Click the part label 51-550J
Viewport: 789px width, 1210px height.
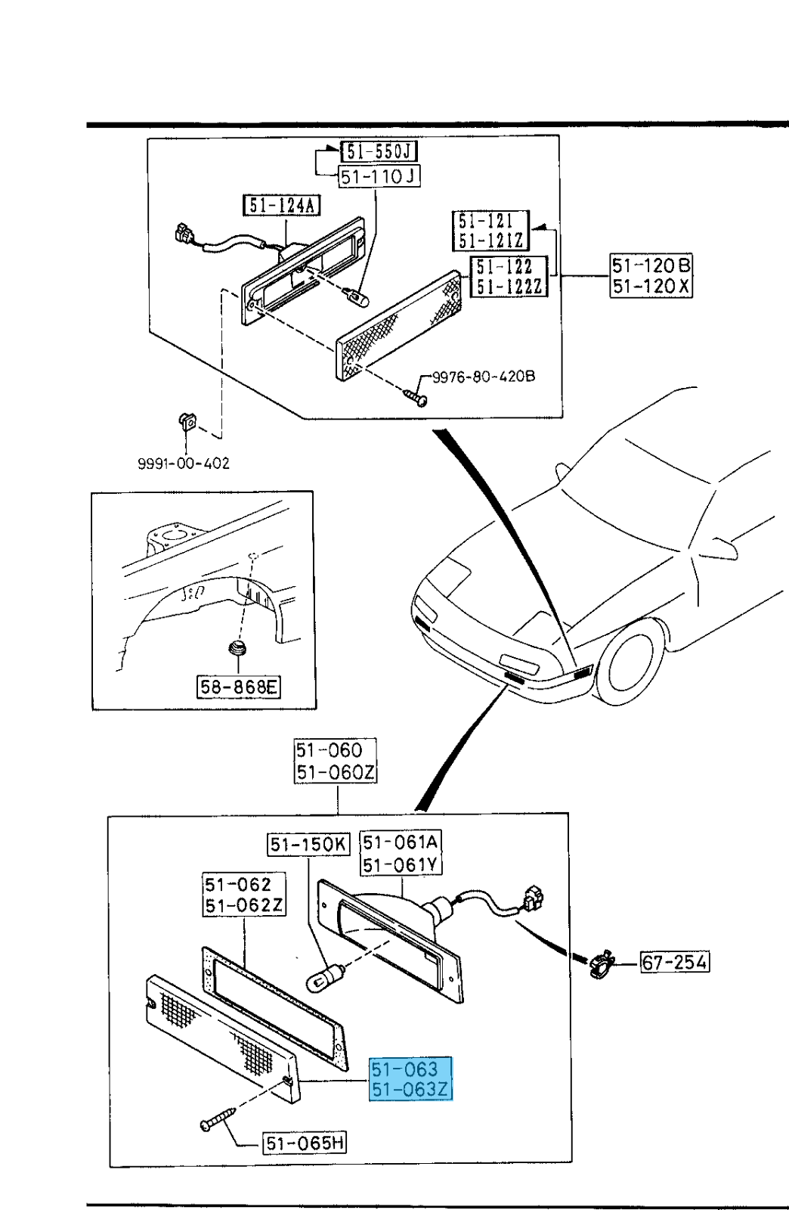(x=379, y=151)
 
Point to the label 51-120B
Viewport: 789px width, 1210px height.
(x=651, y=265)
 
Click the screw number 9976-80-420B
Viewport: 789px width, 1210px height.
(x=483, y=376)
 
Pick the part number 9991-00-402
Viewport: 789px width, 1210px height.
(x=184, y=463)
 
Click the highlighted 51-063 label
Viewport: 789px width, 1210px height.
(x=405, y=1069)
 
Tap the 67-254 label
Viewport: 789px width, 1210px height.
(x=675, y=962)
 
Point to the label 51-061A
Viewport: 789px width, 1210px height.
(x=401, y=842)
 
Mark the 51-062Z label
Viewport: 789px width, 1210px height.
(x=243, y=904)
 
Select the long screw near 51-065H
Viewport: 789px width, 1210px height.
(x=218, y=1118)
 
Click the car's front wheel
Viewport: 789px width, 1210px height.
(x=636, y=666)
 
